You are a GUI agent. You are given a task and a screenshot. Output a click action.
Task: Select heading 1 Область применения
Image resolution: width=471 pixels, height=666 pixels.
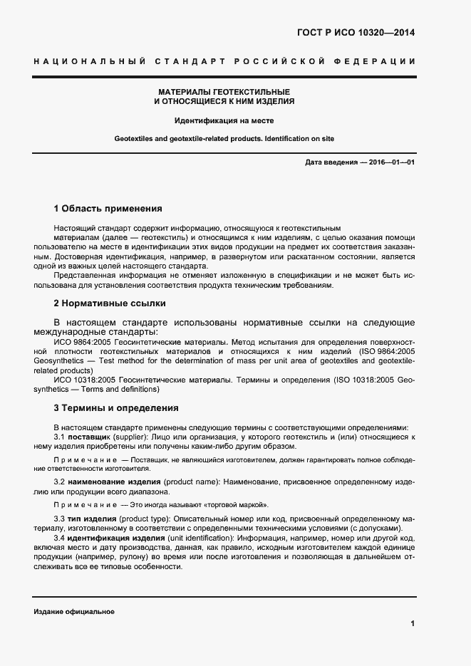(108, 209)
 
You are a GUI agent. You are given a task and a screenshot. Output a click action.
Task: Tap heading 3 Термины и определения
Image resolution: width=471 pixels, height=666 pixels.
(111, 408)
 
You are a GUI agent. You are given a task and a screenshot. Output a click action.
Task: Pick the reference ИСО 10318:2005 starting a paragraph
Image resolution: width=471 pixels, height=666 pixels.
(83, 380)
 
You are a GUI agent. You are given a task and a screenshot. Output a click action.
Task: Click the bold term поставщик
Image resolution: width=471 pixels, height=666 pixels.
(88, 436)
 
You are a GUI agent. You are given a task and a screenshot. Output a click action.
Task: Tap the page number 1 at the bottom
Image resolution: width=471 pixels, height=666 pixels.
(413, 623)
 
